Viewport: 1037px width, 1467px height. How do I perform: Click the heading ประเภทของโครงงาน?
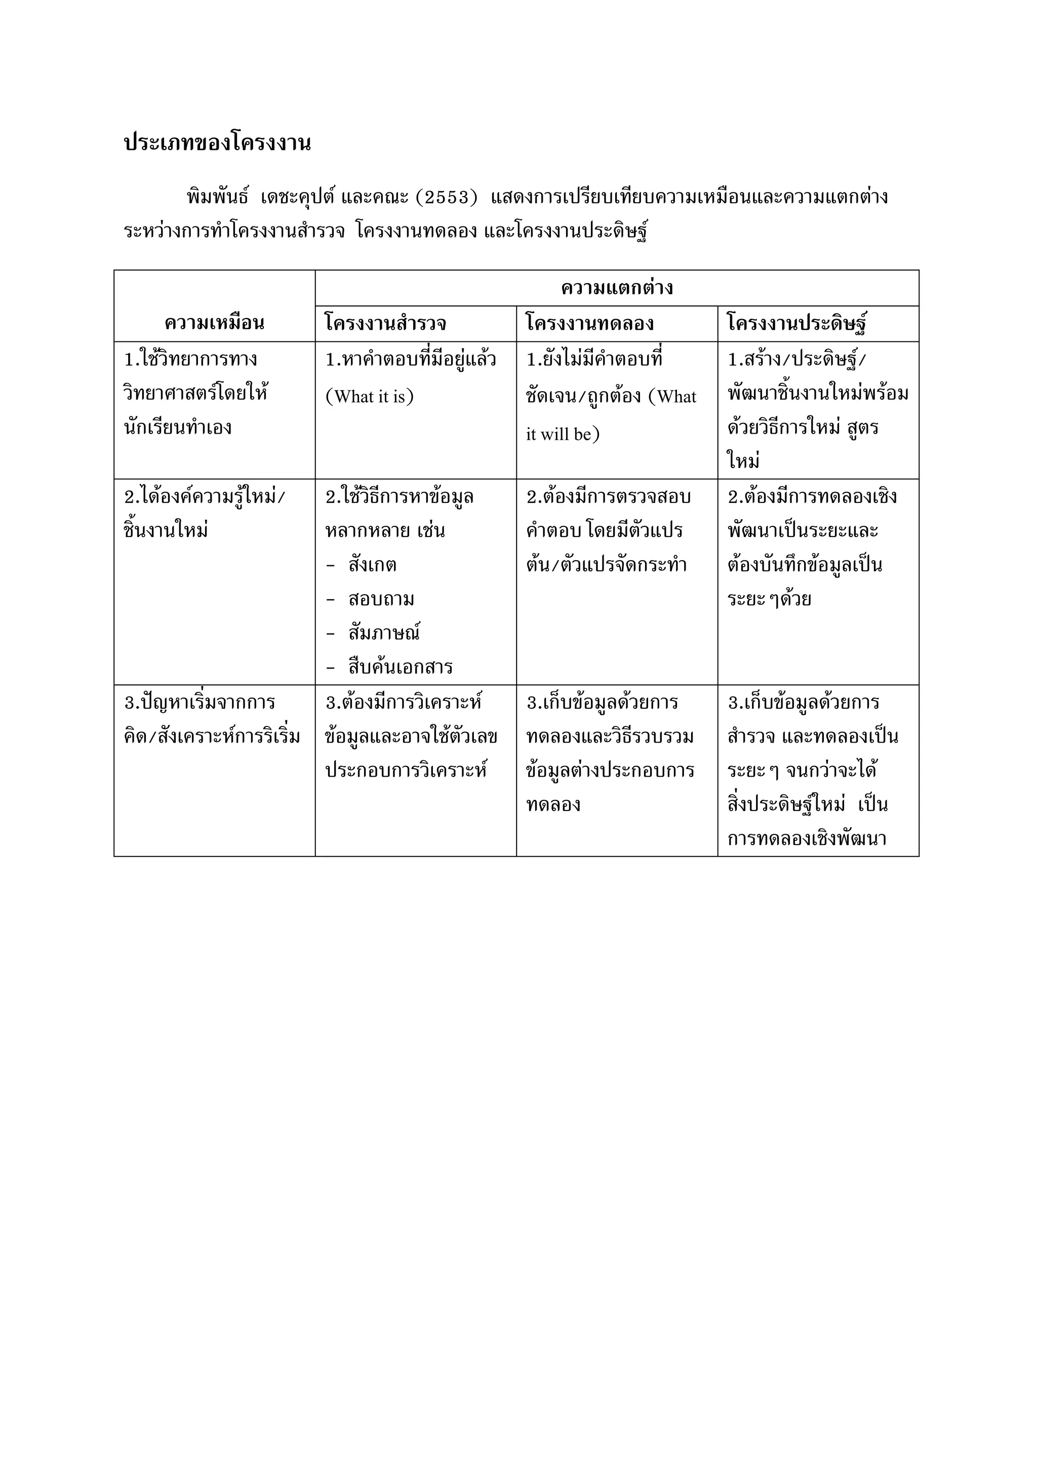coord(217,142)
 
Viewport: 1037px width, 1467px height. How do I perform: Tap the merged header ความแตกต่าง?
coord(617,288)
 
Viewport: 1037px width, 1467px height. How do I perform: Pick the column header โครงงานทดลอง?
coord(589,323)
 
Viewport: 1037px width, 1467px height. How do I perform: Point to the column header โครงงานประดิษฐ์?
coord(797,323)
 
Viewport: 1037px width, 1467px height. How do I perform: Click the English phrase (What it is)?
coord(370,397)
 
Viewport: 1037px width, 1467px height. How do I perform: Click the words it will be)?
coord(563,435)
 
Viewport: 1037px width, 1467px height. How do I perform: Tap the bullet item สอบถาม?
coord(381,599)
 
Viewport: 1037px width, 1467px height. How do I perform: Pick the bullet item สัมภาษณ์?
coord(384,633)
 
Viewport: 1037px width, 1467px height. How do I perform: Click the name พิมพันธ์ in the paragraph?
coord(217,197)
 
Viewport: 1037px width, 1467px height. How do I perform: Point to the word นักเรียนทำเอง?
coord(178,427)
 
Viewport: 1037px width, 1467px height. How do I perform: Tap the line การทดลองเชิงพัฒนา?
coord(807,838)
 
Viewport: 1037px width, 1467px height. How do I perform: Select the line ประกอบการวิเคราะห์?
coord(406,770)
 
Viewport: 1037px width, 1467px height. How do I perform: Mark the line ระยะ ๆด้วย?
coord(769,599)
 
